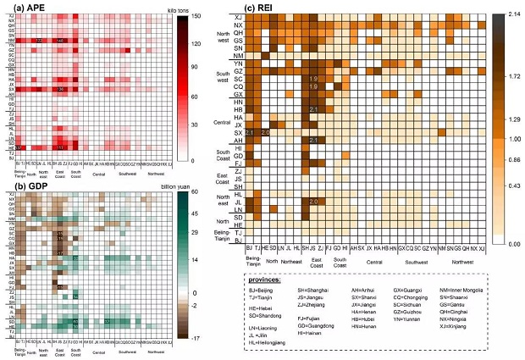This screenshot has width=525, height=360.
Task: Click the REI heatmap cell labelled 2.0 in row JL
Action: coord(313,202)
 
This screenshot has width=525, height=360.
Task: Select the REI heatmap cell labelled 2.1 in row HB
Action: coord(313,109)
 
